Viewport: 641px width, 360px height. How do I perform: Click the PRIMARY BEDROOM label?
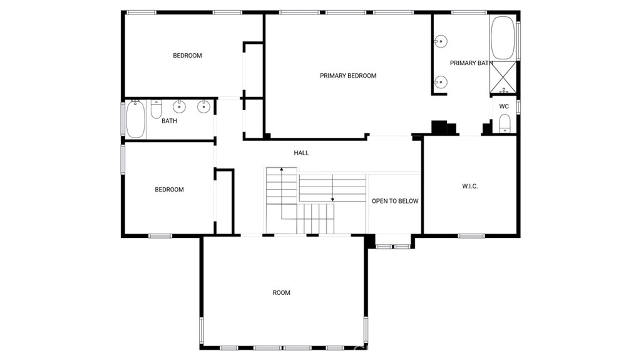pos(348,76)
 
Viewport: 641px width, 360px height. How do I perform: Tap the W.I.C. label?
pos(469,186)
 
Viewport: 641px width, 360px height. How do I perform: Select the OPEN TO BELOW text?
pos(395,201)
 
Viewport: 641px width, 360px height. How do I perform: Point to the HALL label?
pos(301,153)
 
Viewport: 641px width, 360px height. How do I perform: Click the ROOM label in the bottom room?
pos(281,292)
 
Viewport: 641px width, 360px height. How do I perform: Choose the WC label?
pos(504,106)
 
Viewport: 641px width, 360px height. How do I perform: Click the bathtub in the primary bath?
pos(503,38)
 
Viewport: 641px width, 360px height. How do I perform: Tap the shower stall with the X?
pos(503,77)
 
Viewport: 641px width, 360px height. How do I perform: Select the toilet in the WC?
pos(505,123)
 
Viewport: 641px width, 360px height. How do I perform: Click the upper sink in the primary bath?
pos(441,41)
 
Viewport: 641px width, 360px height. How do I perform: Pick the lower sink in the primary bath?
pos(441,82)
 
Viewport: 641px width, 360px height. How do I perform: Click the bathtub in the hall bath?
pos(135,119)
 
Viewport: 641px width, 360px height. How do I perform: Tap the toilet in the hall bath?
pos(156,109)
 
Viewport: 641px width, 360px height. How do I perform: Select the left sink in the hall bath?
pos(179,107)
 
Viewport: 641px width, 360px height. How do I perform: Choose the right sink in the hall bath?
pos(203,107)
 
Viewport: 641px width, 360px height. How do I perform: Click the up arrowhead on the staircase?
pos(282,169)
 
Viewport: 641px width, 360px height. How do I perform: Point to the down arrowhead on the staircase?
pos(333,200)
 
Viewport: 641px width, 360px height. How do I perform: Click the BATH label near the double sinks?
pos(169,121)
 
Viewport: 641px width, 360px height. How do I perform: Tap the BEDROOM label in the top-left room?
pos(187,56)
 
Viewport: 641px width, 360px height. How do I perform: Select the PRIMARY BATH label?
pos(471,63)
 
